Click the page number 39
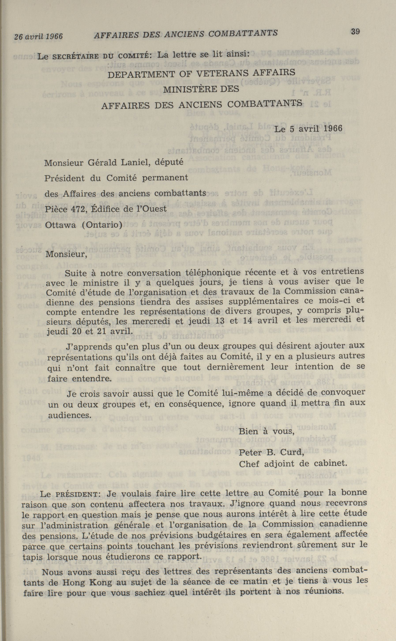(355, 32)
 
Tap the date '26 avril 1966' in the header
(39, 36)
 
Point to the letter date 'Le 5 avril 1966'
(308, 129)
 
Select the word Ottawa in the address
(60, 225)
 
